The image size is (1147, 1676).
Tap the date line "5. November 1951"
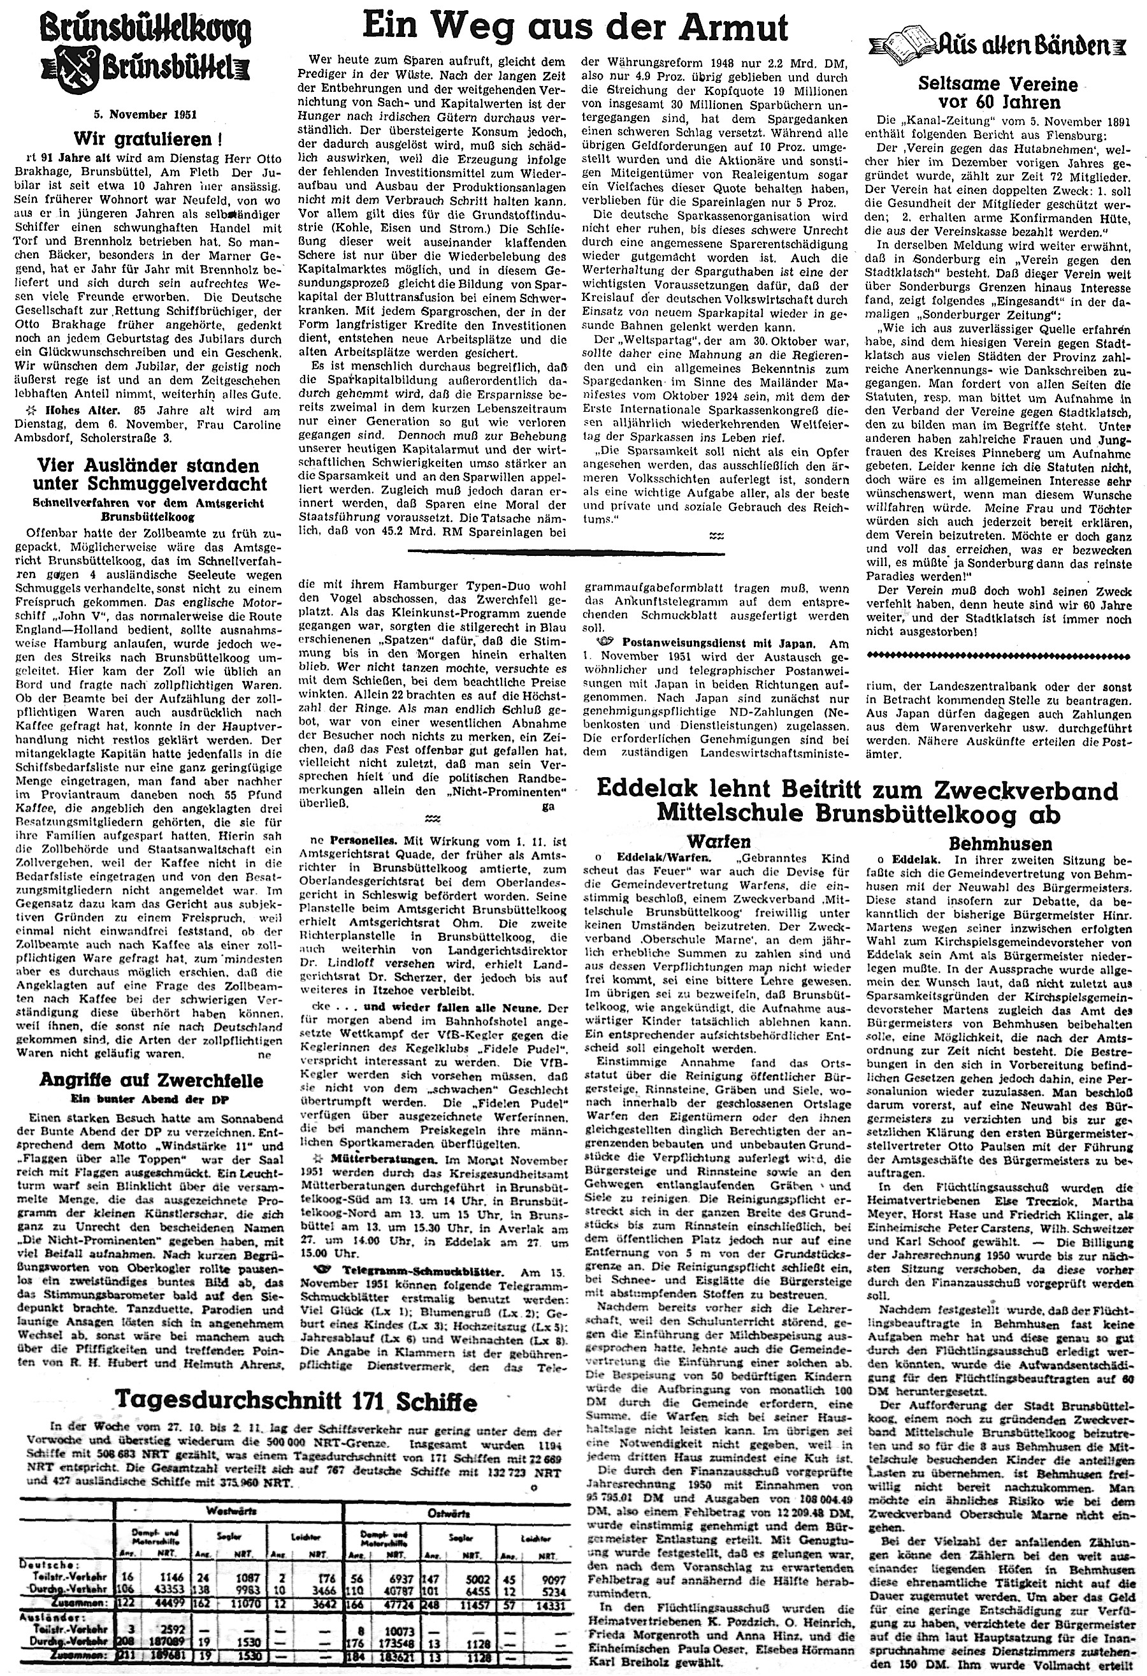[x=136, y=115]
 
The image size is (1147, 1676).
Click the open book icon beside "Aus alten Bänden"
[x=910, y=45]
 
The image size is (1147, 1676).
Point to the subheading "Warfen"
[x=728, y=841]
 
